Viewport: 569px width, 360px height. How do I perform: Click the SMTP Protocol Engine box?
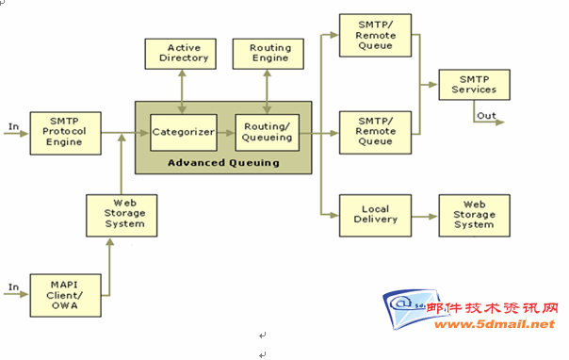(x=66, y=133)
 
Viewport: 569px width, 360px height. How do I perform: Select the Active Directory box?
(x=181, y=54)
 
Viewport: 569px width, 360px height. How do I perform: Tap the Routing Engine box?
(x=268, y=54)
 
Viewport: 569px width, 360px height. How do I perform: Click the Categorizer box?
(x=184, y=133)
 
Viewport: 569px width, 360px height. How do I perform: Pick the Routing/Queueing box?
(x=268, y=133)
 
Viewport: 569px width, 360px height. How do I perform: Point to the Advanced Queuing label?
(x=223, y=163)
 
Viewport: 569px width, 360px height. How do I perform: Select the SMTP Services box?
(x=474, y=85)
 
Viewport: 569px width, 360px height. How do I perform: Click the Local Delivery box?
(x=375, y=216)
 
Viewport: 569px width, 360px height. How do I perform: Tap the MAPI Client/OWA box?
(x=66, y=295)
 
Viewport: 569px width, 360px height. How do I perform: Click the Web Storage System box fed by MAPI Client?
(x=122, y=216)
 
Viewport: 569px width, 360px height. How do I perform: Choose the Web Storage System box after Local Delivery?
(x=474, y=216)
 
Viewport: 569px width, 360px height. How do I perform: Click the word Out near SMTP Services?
(x=486, y=116)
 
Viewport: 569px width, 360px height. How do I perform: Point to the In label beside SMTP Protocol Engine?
(x=13, y=126)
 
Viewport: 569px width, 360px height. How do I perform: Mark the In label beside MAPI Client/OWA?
(x=13, y=287)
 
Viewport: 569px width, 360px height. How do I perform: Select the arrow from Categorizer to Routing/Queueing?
(x=226, y=133)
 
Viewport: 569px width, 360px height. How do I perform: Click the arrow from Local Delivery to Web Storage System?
(x=425, y=217)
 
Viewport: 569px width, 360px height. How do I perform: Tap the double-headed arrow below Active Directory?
(x=182, y=91)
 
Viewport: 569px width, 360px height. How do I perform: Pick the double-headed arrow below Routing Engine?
(x=268, y=91)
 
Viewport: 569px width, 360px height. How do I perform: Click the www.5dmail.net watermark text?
(x=495, y=323)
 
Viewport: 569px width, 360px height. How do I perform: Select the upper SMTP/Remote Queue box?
(x=375, y=35)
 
